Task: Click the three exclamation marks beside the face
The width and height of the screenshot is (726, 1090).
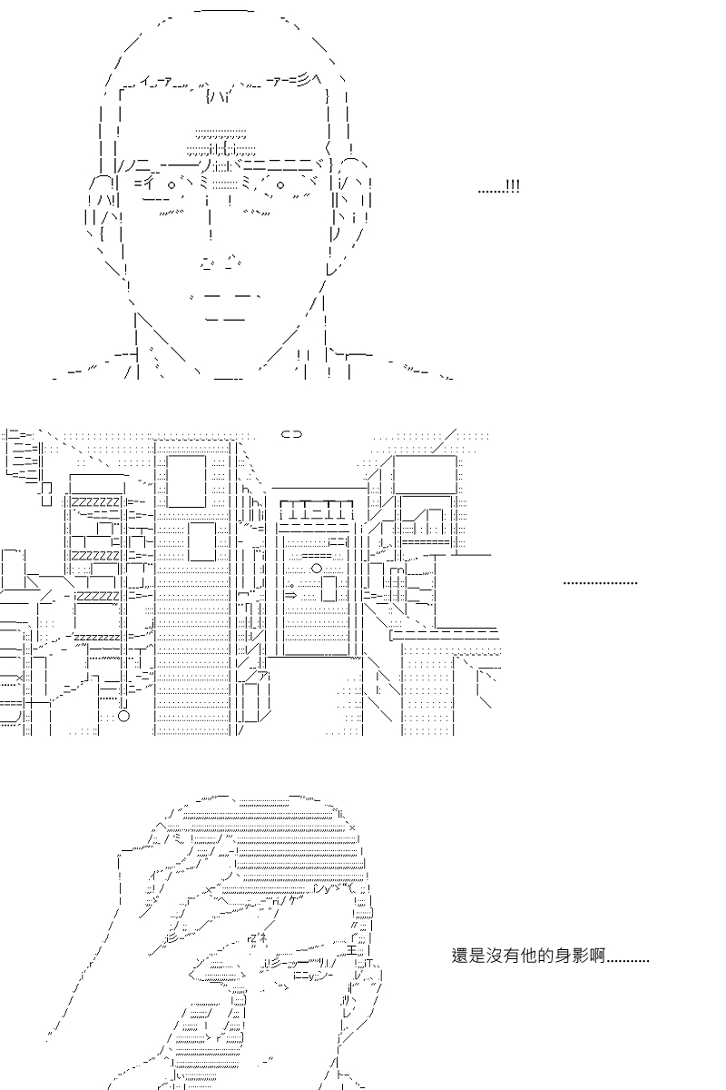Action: tap(513, 186)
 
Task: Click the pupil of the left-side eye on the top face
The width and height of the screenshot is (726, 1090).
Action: tap(172, 184)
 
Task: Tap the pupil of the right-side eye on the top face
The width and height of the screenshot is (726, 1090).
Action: tap(280, 185)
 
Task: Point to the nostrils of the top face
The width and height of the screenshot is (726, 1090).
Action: tap(221, 262)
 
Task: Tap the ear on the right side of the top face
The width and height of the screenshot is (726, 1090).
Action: tap(351, 200)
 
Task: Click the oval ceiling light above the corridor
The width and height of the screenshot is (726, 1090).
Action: tap(292, 434)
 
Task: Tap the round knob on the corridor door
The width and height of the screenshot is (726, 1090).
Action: tap(317, 568)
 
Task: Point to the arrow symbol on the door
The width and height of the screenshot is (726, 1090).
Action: tap(290, 595)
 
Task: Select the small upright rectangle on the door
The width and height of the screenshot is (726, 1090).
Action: tap(329, 589)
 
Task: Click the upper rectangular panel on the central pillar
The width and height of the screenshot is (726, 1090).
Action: tap(186, 481)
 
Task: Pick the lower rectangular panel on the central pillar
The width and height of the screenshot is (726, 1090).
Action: tap(201, 541)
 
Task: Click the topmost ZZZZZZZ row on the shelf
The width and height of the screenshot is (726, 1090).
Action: tap(96, 501)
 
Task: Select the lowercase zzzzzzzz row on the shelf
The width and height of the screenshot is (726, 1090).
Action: tap(97, 637)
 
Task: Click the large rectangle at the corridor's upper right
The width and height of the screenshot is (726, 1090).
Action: tap(425, 474)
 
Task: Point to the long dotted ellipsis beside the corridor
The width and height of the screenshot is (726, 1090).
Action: tap(600, 582)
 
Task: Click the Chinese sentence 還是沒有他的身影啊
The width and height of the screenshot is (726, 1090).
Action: tap(528, 956)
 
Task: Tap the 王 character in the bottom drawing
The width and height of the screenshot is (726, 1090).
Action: tap(352, 949)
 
